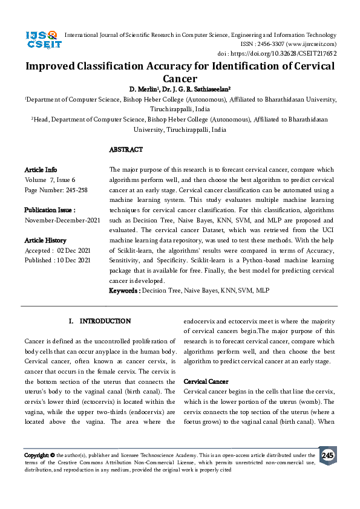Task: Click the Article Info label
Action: click(x=41, y=170)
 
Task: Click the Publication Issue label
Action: click(x=50, y=210)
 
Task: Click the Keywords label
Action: click(x=124, y=291)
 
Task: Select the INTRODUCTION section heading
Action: click(x=105, y=321)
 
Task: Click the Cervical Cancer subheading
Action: click(x=206, y=382)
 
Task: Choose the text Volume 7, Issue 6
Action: click(x=50, y=180)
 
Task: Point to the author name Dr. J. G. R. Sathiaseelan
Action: click(x=198, y=89)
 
